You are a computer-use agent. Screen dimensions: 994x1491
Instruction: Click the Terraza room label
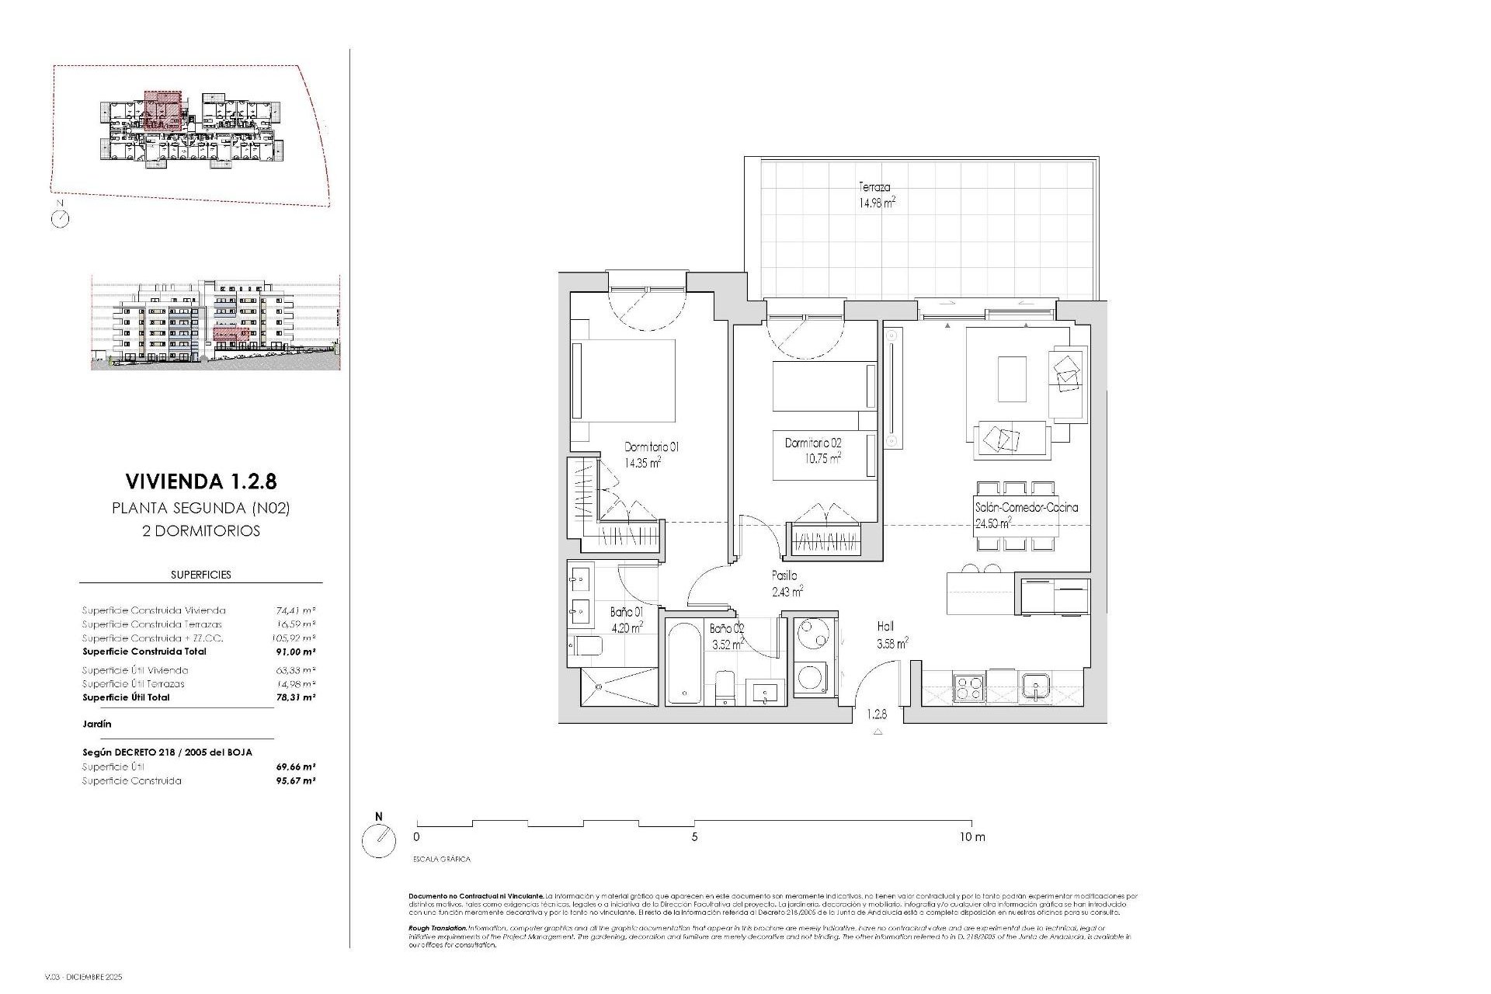[874, 187]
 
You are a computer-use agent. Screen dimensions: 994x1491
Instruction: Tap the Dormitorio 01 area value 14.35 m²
[642, 463]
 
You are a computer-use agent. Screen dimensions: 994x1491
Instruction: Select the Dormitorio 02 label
[813, 443]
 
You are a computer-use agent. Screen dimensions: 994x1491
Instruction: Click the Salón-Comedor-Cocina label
[1026, 508]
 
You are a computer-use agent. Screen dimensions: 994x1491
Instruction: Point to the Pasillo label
[784, 575]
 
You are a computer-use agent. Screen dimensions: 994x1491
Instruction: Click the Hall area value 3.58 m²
[892, 643]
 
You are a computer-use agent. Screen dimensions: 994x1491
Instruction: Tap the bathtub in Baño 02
[684, 662]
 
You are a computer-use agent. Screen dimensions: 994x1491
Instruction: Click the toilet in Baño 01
[588, 646]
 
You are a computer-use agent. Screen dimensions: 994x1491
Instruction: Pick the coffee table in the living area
[1012, 378]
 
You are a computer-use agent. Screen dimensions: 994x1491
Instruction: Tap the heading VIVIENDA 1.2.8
[201, 481]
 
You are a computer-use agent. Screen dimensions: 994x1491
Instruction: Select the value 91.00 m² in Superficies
[297, 652]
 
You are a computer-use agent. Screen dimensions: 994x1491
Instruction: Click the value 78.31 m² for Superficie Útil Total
[297, 697]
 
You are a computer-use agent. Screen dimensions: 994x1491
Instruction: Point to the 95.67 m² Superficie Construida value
[296, 780]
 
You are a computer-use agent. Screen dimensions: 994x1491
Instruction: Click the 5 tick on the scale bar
[694, 837]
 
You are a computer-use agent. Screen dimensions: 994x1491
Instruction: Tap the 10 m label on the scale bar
[971, 837]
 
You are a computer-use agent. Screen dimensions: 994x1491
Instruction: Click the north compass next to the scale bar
[379, 839]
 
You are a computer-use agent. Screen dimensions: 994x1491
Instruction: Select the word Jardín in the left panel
[97, 724]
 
